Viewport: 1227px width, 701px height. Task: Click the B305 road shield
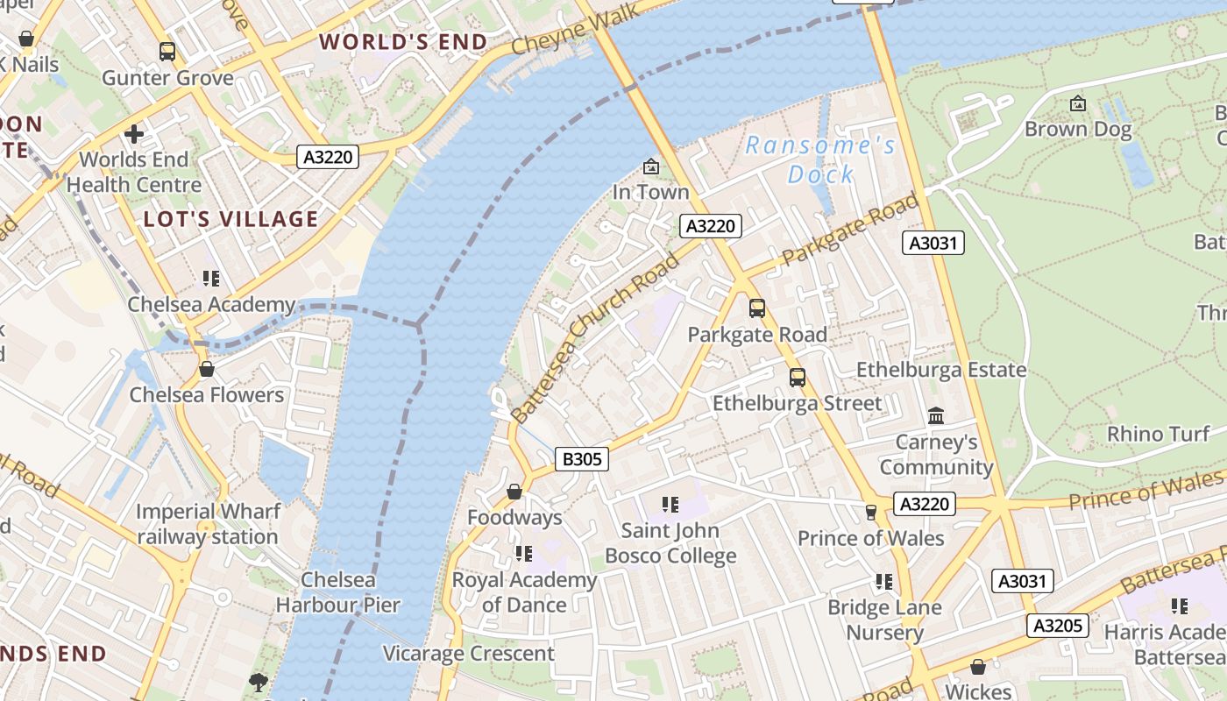582,458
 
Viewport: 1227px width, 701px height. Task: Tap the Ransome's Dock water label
820,159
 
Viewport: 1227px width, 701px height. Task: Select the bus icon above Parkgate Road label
756,308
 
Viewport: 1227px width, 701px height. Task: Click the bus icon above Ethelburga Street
798,377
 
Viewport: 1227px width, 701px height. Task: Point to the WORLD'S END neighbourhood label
403,42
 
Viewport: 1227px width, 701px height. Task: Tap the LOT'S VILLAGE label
231,219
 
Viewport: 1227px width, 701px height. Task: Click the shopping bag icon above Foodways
514,492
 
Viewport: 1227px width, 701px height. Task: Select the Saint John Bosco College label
670,543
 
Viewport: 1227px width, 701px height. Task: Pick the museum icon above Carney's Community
936,415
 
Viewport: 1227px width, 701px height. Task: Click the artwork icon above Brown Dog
1078,104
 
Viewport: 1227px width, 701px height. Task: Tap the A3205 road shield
1059,625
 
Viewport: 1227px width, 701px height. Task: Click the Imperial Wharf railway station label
208,524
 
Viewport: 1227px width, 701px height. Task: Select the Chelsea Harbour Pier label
338,592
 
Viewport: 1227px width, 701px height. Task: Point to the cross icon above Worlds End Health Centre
134,134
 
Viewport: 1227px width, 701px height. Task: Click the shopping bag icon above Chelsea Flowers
207,369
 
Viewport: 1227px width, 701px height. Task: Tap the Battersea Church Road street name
596,337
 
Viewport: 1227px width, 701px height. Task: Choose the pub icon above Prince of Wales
870,512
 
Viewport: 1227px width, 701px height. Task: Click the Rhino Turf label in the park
1158,434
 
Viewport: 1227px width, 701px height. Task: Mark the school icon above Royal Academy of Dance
524,554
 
